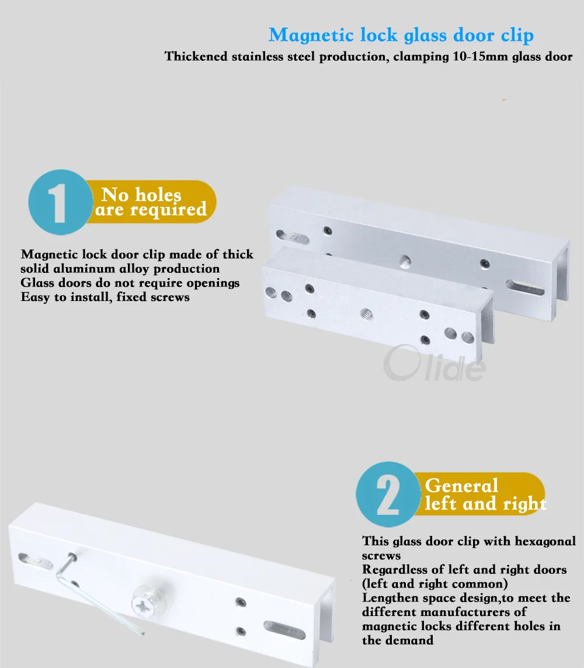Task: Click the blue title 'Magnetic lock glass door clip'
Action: click(401, 35)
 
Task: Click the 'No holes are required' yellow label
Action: click(151, 202)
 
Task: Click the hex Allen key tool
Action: click(88, 590)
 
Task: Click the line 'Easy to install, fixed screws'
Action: click(105, 297)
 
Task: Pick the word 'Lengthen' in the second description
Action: click(390, 598)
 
